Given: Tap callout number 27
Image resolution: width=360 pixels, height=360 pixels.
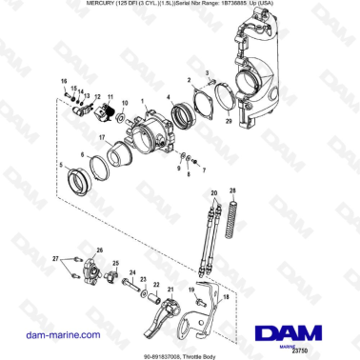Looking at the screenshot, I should pyautogui.click(x=56, y=259).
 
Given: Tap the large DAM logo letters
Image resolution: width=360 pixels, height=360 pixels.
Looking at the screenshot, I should pyautogui.click(x=290, y=332).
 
